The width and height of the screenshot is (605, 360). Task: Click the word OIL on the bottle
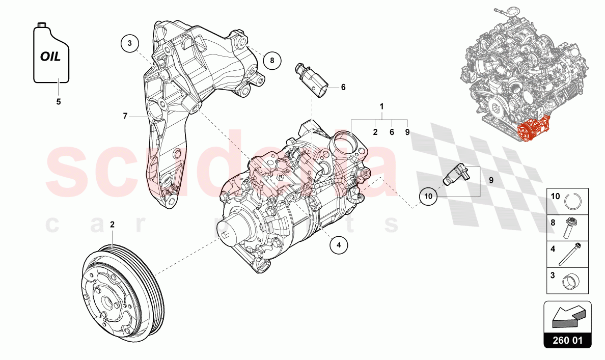(50, 57)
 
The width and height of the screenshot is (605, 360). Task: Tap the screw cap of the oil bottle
(42, 24)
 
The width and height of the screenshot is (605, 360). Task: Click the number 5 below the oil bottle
(58, 102)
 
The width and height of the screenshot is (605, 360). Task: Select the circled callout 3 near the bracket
(130, 44)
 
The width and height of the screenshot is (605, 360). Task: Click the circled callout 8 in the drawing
(272, 61)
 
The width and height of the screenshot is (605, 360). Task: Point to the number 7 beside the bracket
(125, 116)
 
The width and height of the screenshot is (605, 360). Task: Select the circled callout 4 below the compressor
(339, 245)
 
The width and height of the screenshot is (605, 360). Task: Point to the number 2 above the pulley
(112, 224)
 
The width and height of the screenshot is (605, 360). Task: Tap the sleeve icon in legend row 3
(571, 281)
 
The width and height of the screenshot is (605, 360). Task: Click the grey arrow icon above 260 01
(567, 317)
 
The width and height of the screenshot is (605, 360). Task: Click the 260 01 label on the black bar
(567, 341)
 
